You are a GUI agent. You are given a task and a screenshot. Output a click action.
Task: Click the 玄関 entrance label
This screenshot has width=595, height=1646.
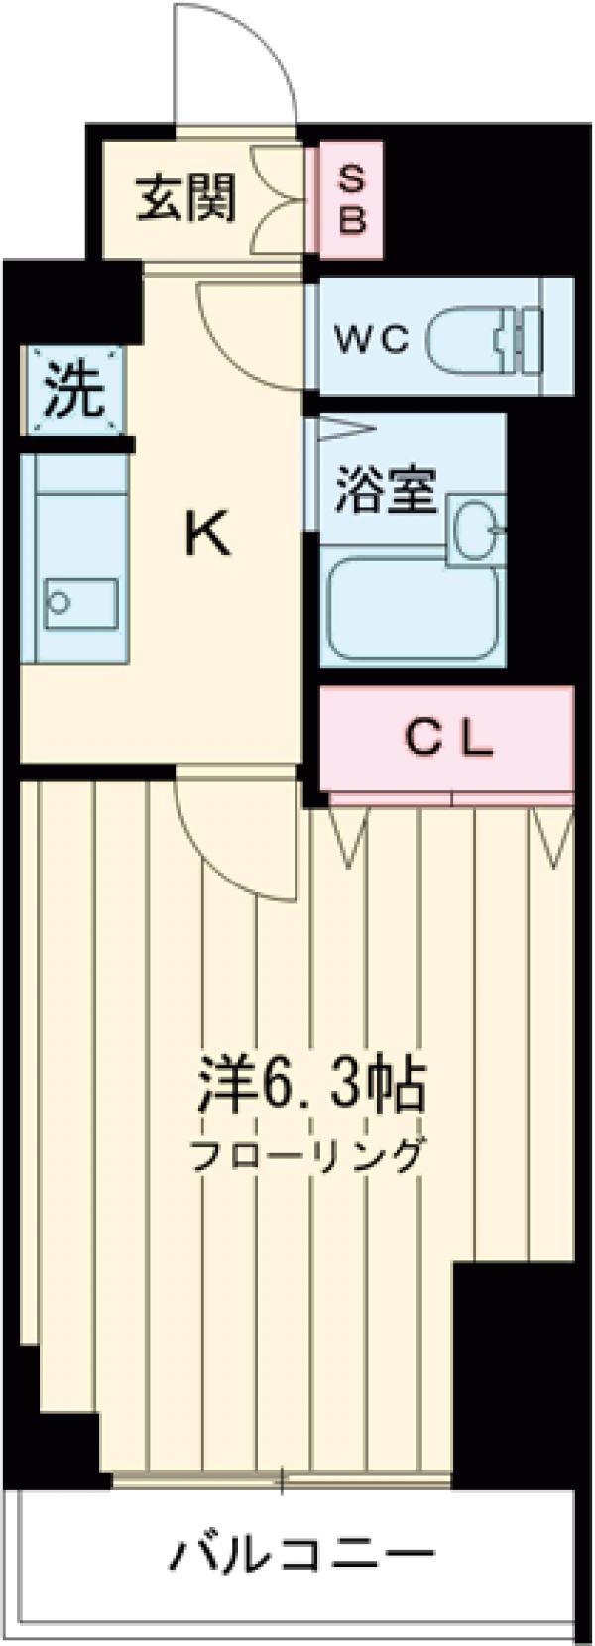coord(186,198)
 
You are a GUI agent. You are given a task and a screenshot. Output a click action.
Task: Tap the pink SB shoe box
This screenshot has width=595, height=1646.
coord(352,200)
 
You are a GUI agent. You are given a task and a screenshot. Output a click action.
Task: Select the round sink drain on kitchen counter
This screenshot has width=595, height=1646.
coord(60,602)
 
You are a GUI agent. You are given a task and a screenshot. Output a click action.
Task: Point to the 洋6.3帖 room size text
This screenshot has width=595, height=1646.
coord(310,1086)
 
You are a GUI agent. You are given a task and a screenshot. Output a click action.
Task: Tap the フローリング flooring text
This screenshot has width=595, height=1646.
coord(308,1155)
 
